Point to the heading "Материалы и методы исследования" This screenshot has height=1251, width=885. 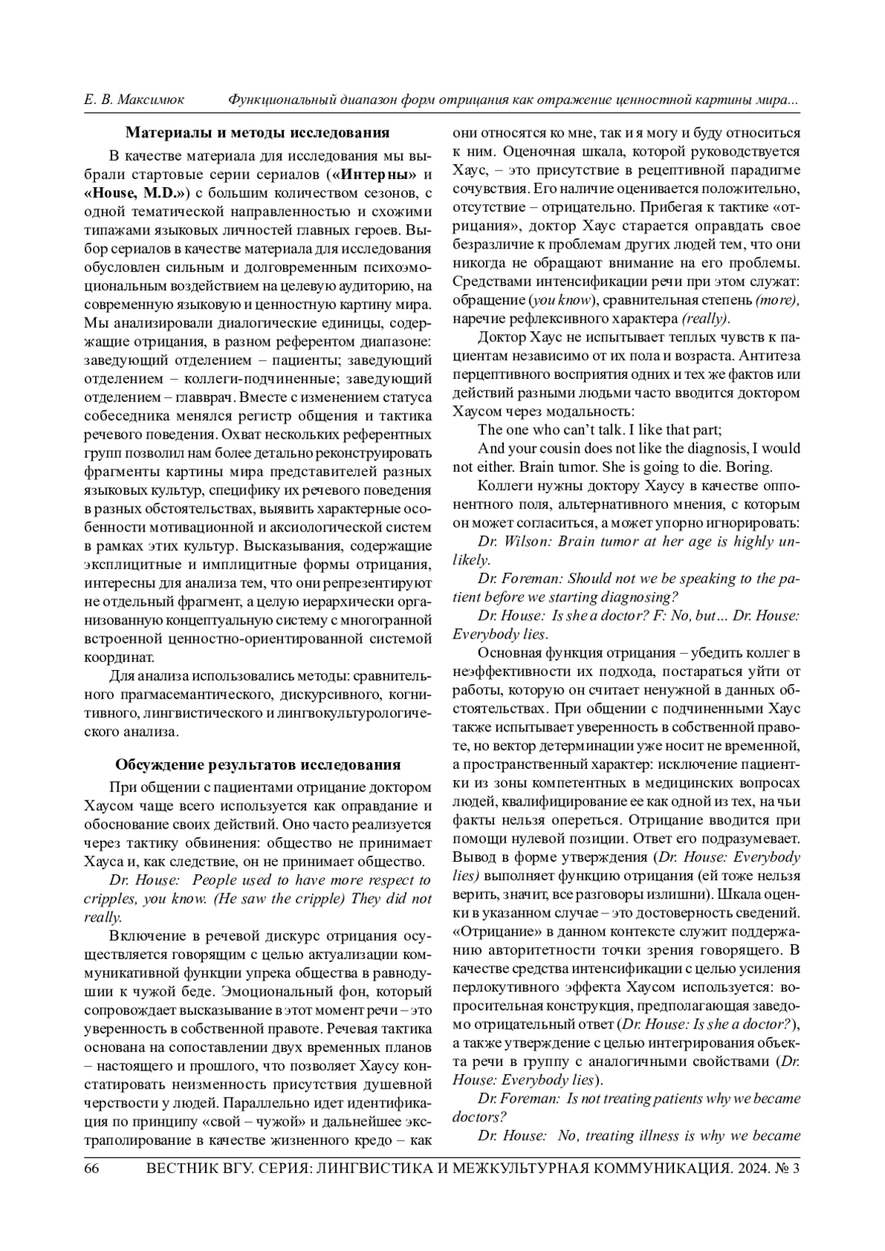click(x=257, y=133)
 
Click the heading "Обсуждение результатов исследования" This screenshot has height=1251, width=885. click(x=258, y=764)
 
